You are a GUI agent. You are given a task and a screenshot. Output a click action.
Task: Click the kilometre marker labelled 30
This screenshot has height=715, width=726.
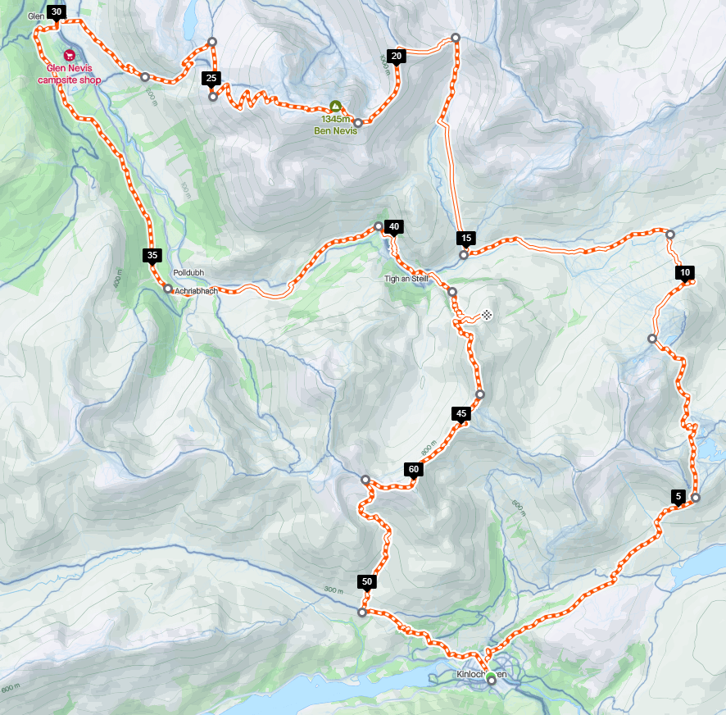(x=55, y=12)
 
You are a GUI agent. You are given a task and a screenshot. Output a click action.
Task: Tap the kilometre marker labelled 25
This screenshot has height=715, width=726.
(x=211, y=79)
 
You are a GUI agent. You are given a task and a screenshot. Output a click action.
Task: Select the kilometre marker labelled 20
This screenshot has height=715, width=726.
(x=397, y=56)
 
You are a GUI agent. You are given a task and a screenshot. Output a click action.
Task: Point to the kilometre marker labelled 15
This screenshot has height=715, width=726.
(x=465, y=239)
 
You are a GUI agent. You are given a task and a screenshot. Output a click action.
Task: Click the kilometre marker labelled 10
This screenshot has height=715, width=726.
(x=685, y=273)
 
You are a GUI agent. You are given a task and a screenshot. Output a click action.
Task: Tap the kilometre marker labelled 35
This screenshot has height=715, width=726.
(x=152, y=255)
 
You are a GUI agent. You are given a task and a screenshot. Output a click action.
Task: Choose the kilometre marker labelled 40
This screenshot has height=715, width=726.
(x=393, y=227)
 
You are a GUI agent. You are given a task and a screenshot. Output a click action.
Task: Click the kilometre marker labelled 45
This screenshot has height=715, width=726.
(x=461, y=414)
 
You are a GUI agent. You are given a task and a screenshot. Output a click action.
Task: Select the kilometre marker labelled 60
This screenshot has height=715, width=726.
(x=413, y=469)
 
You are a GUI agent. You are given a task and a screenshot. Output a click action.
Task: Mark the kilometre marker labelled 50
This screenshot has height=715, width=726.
(x=366, y=582)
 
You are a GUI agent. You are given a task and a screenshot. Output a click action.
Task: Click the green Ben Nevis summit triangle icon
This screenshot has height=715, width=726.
(x=335, y=106)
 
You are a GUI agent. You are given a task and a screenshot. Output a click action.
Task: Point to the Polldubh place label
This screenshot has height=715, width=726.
(x=188, y=272)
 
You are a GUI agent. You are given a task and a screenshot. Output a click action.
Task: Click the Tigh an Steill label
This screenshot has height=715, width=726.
(x=406, y=278)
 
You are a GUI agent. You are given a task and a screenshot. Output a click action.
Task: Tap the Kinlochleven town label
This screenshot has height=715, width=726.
(x=481, y=675)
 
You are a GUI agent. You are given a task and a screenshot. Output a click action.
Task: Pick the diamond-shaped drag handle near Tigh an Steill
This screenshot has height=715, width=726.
(x=487, y=314)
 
